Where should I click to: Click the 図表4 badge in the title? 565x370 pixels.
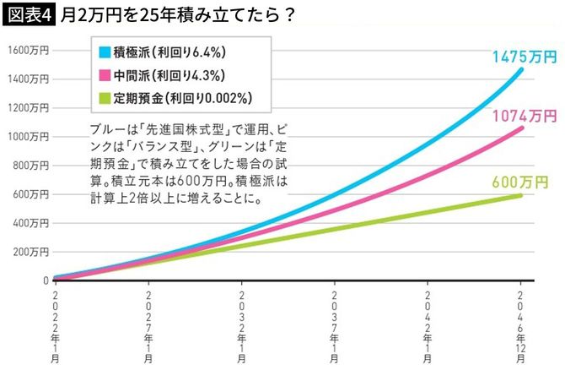29,15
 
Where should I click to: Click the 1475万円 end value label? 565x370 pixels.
525,57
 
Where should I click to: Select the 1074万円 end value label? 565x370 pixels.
525,114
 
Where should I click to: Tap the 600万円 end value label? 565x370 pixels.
525,180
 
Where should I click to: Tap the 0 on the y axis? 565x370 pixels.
45,280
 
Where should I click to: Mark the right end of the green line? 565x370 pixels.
520,195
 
